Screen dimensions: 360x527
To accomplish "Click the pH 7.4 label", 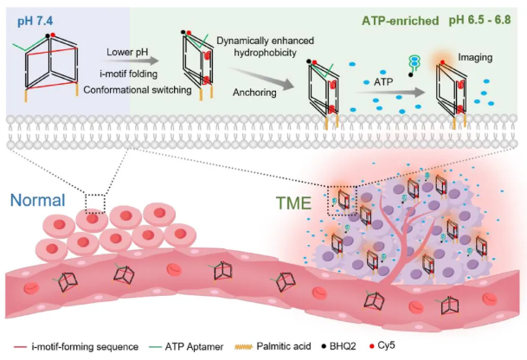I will (30, 18).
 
